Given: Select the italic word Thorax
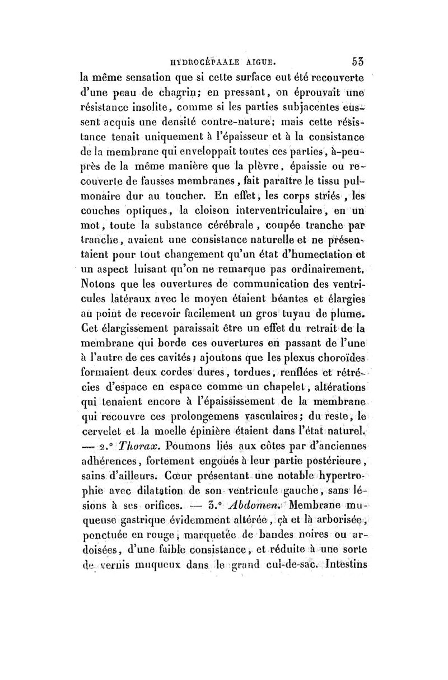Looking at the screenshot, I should click(x=133, y=447).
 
